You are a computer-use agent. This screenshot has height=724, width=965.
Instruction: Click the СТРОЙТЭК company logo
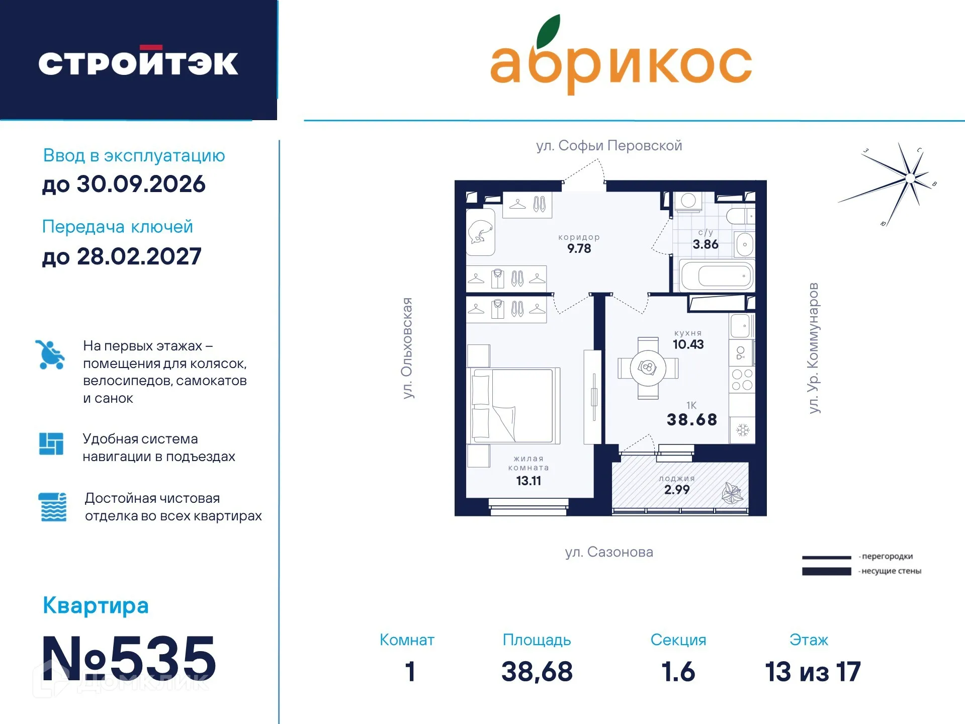point(138,63)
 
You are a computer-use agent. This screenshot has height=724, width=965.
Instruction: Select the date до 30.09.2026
point(124,184)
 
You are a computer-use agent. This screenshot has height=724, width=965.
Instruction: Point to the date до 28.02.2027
point(122,257)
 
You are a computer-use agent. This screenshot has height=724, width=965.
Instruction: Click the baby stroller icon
point(50,355)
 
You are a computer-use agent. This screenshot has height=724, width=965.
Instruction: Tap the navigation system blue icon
point(51,444)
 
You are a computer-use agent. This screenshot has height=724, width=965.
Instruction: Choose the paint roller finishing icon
point(52,507)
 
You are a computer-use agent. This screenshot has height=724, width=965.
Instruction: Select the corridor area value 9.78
point(579,248)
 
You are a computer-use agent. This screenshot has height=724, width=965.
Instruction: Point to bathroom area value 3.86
point(705,245)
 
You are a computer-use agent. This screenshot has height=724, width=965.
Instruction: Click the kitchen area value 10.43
point(688,344)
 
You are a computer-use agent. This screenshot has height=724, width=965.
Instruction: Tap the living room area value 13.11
point(529,481)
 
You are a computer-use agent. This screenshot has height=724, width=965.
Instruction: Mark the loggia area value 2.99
point(677,490)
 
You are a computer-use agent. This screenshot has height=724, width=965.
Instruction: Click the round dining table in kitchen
point(648,368)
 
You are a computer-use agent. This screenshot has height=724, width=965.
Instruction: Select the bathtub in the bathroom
point(717,276)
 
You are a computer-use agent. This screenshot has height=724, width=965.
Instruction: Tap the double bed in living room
point(514,405)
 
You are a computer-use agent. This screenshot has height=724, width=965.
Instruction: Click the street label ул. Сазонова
point(609,552)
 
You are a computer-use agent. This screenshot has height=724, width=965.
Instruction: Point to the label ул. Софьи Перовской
point(609,146)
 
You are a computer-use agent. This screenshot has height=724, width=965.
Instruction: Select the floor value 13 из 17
point(813,672)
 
